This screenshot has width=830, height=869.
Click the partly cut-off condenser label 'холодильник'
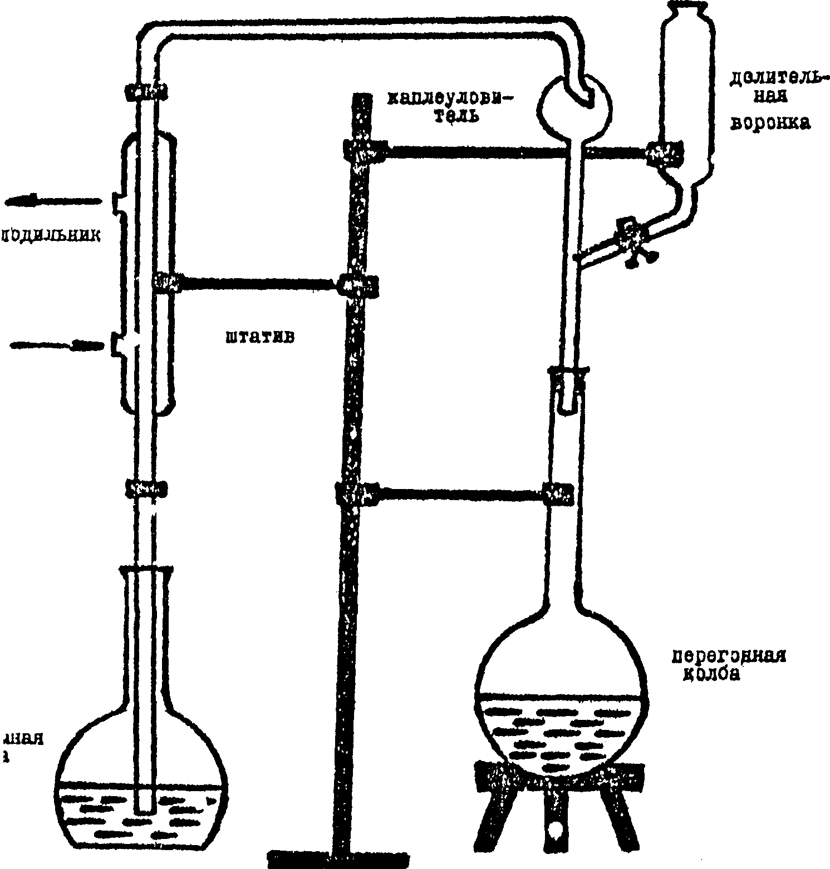(50, 235)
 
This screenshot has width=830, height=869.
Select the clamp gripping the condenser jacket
(167, 282)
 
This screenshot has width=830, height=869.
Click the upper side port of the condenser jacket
(117, 203)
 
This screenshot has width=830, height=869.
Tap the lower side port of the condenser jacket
(117, 345)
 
